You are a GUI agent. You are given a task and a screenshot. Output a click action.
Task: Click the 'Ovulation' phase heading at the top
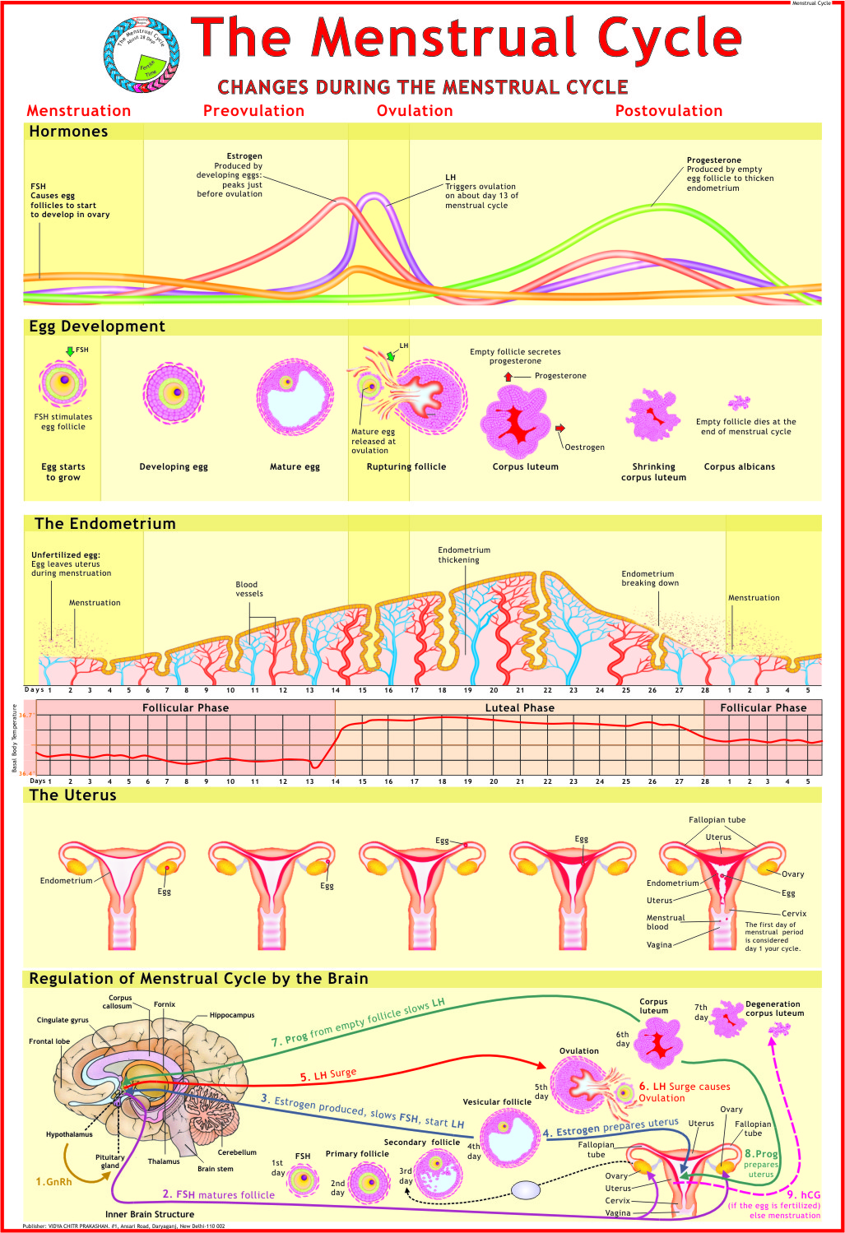415,111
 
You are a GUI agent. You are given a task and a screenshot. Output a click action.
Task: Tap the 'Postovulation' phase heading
669,111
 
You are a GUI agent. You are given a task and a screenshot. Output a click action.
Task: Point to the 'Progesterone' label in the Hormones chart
713,160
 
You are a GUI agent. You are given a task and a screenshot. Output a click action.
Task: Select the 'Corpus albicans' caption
739,467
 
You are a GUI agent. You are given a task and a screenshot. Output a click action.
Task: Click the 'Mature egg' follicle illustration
295,397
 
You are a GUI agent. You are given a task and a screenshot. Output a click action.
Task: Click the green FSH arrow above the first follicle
70,351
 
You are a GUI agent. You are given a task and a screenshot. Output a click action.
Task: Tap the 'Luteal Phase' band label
519,707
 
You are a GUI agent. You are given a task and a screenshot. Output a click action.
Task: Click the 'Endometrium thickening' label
463,555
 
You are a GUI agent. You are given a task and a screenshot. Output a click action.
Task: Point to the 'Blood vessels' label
249,589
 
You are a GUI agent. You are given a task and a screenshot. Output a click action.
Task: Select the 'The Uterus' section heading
72,795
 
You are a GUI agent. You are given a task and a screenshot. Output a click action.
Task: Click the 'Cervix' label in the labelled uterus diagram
794,914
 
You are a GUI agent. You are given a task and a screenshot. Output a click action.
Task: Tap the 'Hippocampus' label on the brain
232,1015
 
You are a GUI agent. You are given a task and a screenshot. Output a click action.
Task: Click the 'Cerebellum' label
237,1152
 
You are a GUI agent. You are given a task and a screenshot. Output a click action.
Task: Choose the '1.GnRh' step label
53,1182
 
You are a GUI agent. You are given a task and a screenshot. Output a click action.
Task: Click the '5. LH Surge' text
327,1074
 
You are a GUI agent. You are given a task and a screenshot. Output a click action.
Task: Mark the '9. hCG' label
804,1195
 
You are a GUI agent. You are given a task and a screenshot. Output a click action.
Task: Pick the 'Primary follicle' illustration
367,1183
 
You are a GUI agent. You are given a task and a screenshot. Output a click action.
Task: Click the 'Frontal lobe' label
49,1041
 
